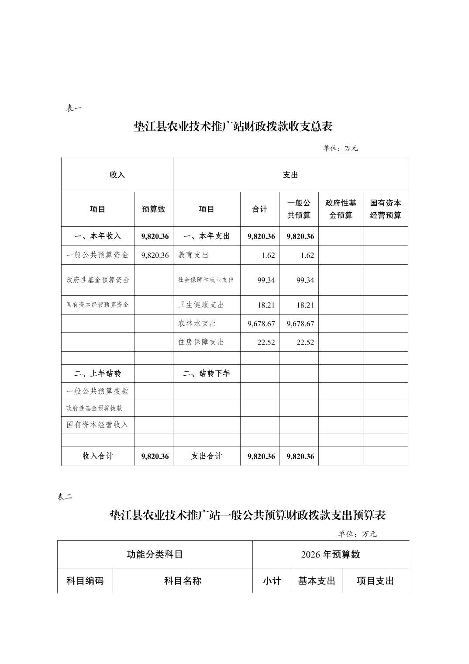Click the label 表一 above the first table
pyautogui.click(x=74, y=109)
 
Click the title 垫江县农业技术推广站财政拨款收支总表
pyautogui.click(x=233, y=127)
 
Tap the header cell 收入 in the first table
pyautogui.click(x=117, y=175)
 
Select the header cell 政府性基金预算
pyautogui.click(x=341, y=209)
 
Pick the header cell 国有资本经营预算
pyautogui.click(x=386, y=209)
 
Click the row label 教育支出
pyautogui.click(x=193, y=255)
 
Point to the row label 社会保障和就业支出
pyautogui.click(x=206, y=280)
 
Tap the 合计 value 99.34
pyautogui.click(x=266, y=280)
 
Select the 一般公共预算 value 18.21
pyautogui.click(x=305, y=305)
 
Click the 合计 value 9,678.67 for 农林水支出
pyautogui.click(x=261, y=324)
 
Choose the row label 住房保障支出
pyautogui.click(x=201, y=342)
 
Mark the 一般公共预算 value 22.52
pyautogui.click(x=305, y=342)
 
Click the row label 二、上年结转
pyautogui.click(x=97, y=373)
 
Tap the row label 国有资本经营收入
pyautogui.click(x=97, y=424)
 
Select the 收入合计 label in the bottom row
pyautogui.click(x=97, y=456)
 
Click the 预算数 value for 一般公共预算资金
pyautogui.click(x=155, y=255)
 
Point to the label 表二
pyautogui.click(x=65, y=497)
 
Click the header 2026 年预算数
pyautogui.click(x=331, y=554)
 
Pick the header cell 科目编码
pyautogui.click(x=85, y=581)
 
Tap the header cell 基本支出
pyautogui.click(x=317, y=581)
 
